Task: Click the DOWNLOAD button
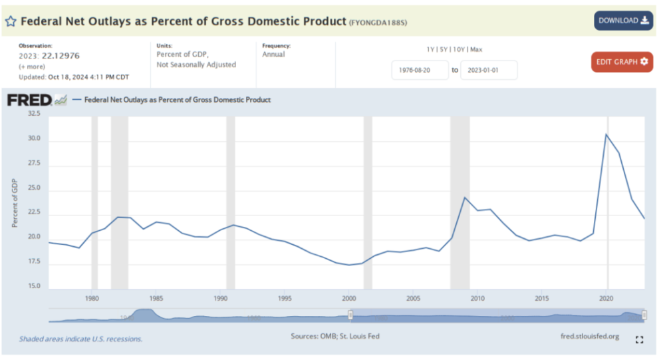click(x=623, y=21)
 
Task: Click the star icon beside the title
click(x=11, y=21)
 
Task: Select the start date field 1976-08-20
click(x=420, y=70)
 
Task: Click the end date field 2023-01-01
click(x=488, y=70)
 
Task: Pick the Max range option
click(x=476, y=49)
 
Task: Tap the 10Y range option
click(x=460, y=49)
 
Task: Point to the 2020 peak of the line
click(x=606, y=134)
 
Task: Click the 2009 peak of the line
click(x=465, y=197)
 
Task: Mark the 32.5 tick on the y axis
click(x=34, y=114)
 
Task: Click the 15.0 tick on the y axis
click(x=34, y=287)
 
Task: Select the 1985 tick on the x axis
click(x=156, y=298)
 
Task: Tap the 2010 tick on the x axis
click(x=477, y=298)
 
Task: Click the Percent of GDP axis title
click(x=15, y=203)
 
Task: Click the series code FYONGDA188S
click(x=378, y=23)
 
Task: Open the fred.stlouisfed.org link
click(x=590, y=336)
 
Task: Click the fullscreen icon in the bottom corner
click(x=640, y=340)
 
